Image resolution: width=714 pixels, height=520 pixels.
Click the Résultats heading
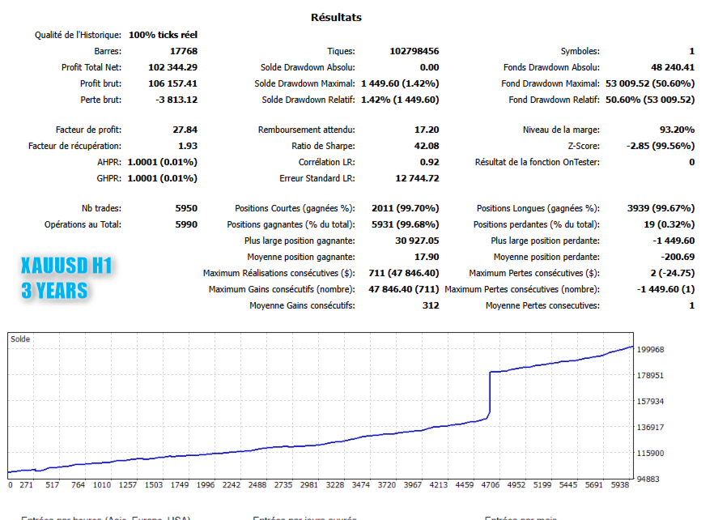(336, 17)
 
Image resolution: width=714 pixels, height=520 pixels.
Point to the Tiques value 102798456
(414, 51)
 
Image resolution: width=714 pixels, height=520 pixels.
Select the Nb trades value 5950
(185, 208)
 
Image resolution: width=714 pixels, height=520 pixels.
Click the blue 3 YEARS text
(53, 290)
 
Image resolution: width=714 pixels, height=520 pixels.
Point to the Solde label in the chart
(20, 339)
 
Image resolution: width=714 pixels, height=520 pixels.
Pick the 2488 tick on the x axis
(257, 486)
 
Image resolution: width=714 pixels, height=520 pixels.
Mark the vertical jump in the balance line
(490, 395)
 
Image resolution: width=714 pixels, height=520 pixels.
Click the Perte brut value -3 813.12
(176, 100)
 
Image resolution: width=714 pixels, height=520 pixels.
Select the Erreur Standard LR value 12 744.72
(417, 178)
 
